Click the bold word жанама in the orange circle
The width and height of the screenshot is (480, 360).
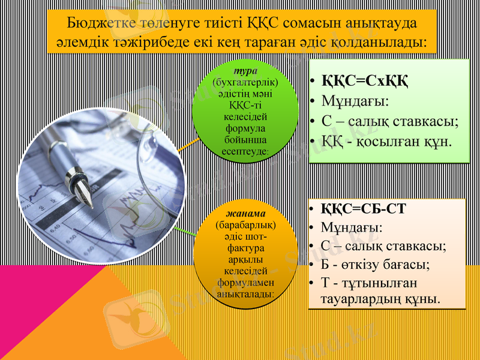245,214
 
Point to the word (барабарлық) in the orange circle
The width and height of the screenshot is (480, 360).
245,226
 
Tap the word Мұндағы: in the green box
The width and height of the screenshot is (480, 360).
355,100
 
